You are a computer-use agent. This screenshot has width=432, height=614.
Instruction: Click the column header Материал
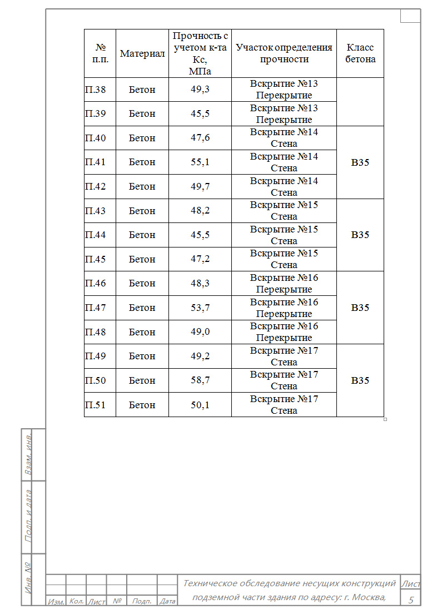tap(142, 53)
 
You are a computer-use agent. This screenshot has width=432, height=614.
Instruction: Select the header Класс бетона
tap(360, 53)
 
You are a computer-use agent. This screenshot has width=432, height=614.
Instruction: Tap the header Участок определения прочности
tap(284, 53)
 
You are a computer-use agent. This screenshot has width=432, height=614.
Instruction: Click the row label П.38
tap(96, 90)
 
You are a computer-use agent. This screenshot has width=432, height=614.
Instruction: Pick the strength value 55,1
tap(200, 162)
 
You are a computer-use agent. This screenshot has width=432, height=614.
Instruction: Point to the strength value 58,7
tap(200, 380)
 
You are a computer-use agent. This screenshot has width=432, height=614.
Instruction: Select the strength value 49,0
tap(200, 332)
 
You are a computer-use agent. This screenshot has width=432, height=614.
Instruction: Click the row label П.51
tap(96, 405)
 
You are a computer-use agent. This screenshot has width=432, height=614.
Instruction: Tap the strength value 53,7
tap(200, 308)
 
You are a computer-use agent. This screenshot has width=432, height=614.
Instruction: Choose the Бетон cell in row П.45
tap(142, 259)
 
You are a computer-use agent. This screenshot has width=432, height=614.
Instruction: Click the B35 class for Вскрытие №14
tap(360, 162)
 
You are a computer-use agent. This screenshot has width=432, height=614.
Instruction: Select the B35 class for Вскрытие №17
tap(360, 381)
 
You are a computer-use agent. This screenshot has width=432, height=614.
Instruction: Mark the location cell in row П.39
tap(284, 113)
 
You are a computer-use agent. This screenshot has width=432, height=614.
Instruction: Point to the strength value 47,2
tap(200, 259)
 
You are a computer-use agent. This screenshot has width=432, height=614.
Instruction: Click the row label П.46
tap(96, 283)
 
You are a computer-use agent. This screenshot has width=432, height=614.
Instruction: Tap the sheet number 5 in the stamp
tap(411, 600)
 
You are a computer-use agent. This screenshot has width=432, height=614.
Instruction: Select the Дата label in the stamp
tap(167, 601)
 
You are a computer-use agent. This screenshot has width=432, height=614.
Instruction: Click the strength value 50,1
tap(200, 405)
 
